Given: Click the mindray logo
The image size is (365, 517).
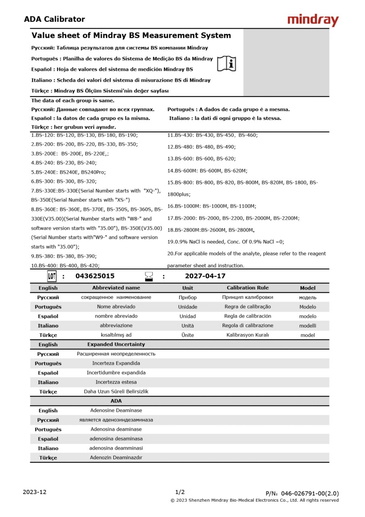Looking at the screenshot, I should tap(313, 20).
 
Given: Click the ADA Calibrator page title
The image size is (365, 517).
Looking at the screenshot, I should tap(54, 19).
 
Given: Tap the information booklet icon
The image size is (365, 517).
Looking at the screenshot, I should tap(227, 63).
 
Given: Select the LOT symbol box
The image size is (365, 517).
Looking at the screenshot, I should tap(52, 276).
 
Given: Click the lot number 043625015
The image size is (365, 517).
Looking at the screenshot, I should tap(95, 276).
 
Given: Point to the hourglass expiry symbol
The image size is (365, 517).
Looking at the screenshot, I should tap(149, 276).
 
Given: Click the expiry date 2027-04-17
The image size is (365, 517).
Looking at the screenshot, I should tap(205, 276).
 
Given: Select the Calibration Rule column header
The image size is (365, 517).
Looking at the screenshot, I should tap(247, 288).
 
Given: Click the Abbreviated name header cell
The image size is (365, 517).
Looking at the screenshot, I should tap(116, 288).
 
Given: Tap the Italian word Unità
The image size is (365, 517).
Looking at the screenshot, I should tap(188, 326).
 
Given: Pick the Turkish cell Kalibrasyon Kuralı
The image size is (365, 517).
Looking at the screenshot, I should tap(247, 335).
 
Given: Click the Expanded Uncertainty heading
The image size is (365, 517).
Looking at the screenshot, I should tap(116, 345).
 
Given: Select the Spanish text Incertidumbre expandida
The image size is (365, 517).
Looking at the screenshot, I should tap(116, 373).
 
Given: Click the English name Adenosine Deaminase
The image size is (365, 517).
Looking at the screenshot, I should tap(116, 411).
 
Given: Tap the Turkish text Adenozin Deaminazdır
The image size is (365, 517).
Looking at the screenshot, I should tap(116, 458).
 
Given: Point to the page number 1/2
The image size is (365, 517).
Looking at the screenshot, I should tap(180, 492).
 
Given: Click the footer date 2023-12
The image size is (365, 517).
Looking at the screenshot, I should tap(35, 492).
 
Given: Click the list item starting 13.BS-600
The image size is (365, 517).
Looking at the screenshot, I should tap(202, 159).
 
